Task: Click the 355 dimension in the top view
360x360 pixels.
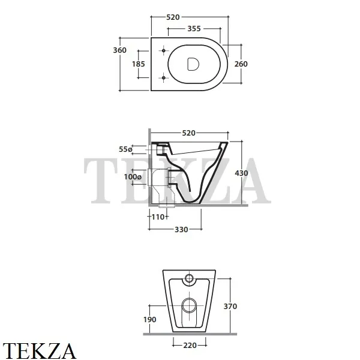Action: (x=194, y=29)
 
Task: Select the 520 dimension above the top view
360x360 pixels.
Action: (x=173, y=17)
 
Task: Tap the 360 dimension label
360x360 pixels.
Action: (x=119, y=50)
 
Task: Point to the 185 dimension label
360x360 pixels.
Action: (x=139, y=64)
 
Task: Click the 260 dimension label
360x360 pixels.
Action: (x=241, y=64)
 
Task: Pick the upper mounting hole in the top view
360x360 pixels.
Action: (x=163, y=50)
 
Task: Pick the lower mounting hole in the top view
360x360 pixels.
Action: (x=163, y=78)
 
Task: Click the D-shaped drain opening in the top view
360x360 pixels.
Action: (x=193, y=64)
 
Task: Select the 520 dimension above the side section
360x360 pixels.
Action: (x=189, y=133)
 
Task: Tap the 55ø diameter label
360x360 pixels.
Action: (x=126, y=149)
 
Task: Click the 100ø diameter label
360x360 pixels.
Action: (x=133, y=177)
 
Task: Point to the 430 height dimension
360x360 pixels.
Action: (x=241, y=173)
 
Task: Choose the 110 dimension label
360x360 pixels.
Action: (x=158, y=217)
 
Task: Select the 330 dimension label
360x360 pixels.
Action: (x=181, y=230)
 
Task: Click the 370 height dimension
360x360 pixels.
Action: (x=230, y=306)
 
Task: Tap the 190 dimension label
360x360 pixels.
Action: (x=149, y=320)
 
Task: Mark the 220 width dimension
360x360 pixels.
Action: (x=190, y=346)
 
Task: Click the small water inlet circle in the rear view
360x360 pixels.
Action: (x=189, y=278)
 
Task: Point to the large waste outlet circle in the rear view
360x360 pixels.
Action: (x=190, y=305)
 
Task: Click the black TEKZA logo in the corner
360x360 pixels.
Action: (x=39, y=350)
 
